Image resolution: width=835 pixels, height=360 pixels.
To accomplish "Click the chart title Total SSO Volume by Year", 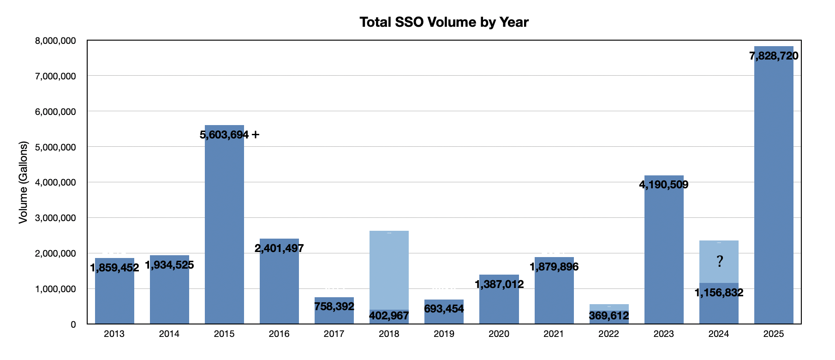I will [x=444, y=22].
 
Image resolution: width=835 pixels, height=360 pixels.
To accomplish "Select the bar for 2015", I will [x=224, y=231].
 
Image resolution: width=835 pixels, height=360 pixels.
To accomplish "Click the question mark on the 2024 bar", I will [x=720, y=262].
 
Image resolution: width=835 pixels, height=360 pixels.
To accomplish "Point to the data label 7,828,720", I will [x=774, y=56].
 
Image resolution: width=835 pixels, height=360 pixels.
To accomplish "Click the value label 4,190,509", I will [x=663, y=185].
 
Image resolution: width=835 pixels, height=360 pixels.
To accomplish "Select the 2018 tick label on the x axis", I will [x=389, y=334].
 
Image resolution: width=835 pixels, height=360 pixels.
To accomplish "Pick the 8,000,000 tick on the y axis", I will [x=55, y=41].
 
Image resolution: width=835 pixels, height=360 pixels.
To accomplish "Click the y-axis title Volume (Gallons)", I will [x=23, y=182].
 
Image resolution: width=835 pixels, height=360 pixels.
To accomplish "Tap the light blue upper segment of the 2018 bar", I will [x=389, y=270].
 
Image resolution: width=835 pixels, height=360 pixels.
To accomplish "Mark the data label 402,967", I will [x=389, y=316].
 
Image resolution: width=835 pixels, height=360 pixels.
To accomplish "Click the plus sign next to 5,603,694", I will [x=255, y=135].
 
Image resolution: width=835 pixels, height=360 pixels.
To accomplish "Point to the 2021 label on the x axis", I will [x=554, y=334].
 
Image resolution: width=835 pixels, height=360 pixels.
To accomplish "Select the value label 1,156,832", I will [x=719, y=293].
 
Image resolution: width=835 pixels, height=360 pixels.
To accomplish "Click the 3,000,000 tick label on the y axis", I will [x=55, y=218].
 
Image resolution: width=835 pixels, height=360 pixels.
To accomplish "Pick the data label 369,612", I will [x=609, y=316].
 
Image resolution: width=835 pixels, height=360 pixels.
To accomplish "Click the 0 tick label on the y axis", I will [x=73, y=324].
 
